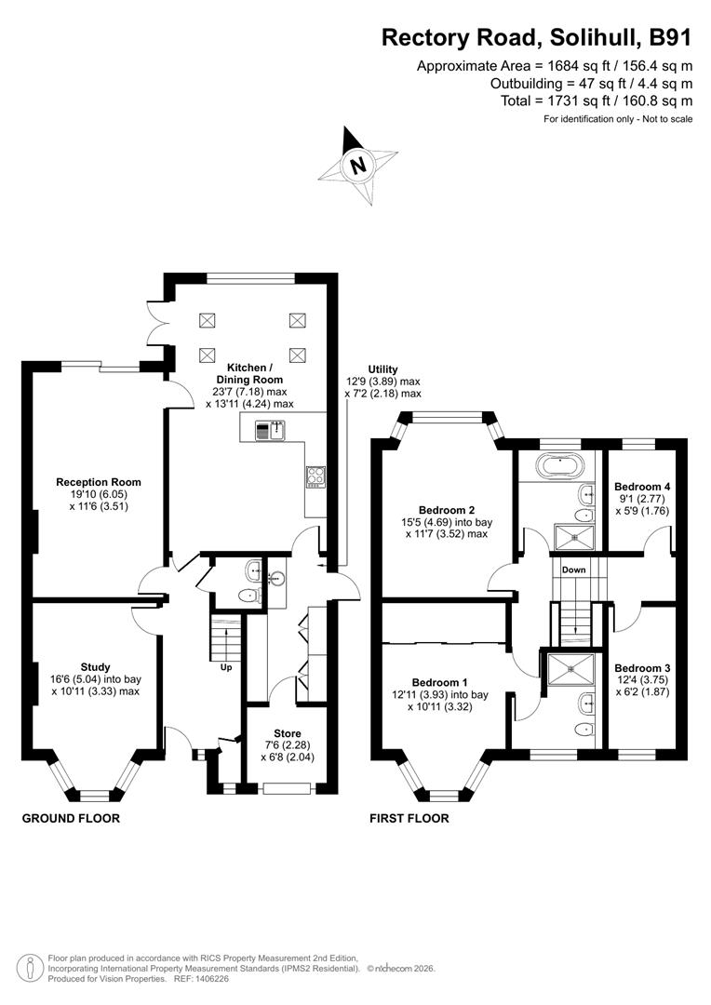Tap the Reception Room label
click(x=99, y=482)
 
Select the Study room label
click(x=95, y=667)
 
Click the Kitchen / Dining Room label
click(x=249, y=373)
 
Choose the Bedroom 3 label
click(x=642, y=668)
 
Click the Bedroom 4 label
click(x=642, y=487)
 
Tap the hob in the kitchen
click(x=315, y=476)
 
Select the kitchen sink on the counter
click(x=274, y=430)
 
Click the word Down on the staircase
click(x=573, y=569)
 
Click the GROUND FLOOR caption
click(x=71, y=819)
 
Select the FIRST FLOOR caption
click(x=409, y=819)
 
